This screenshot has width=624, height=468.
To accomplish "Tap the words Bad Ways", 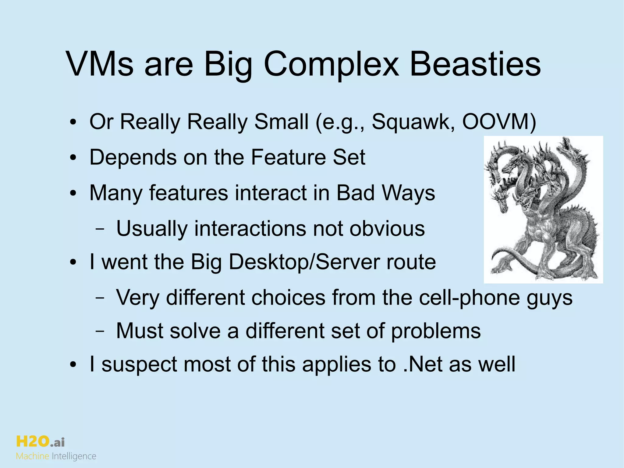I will (385, 193).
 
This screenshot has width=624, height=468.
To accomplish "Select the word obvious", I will (387, 228).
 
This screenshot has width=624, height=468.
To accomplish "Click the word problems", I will (436, 331).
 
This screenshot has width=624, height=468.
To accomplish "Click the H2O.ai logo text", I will (40, 441).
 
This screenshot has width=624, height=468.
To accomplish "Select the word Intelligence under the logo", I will (74, 456).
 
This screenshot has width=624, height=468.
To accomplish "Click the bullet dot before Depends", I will (73, 159).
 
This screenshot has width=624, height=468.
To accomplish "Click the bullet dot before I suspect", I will (73, 365).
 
